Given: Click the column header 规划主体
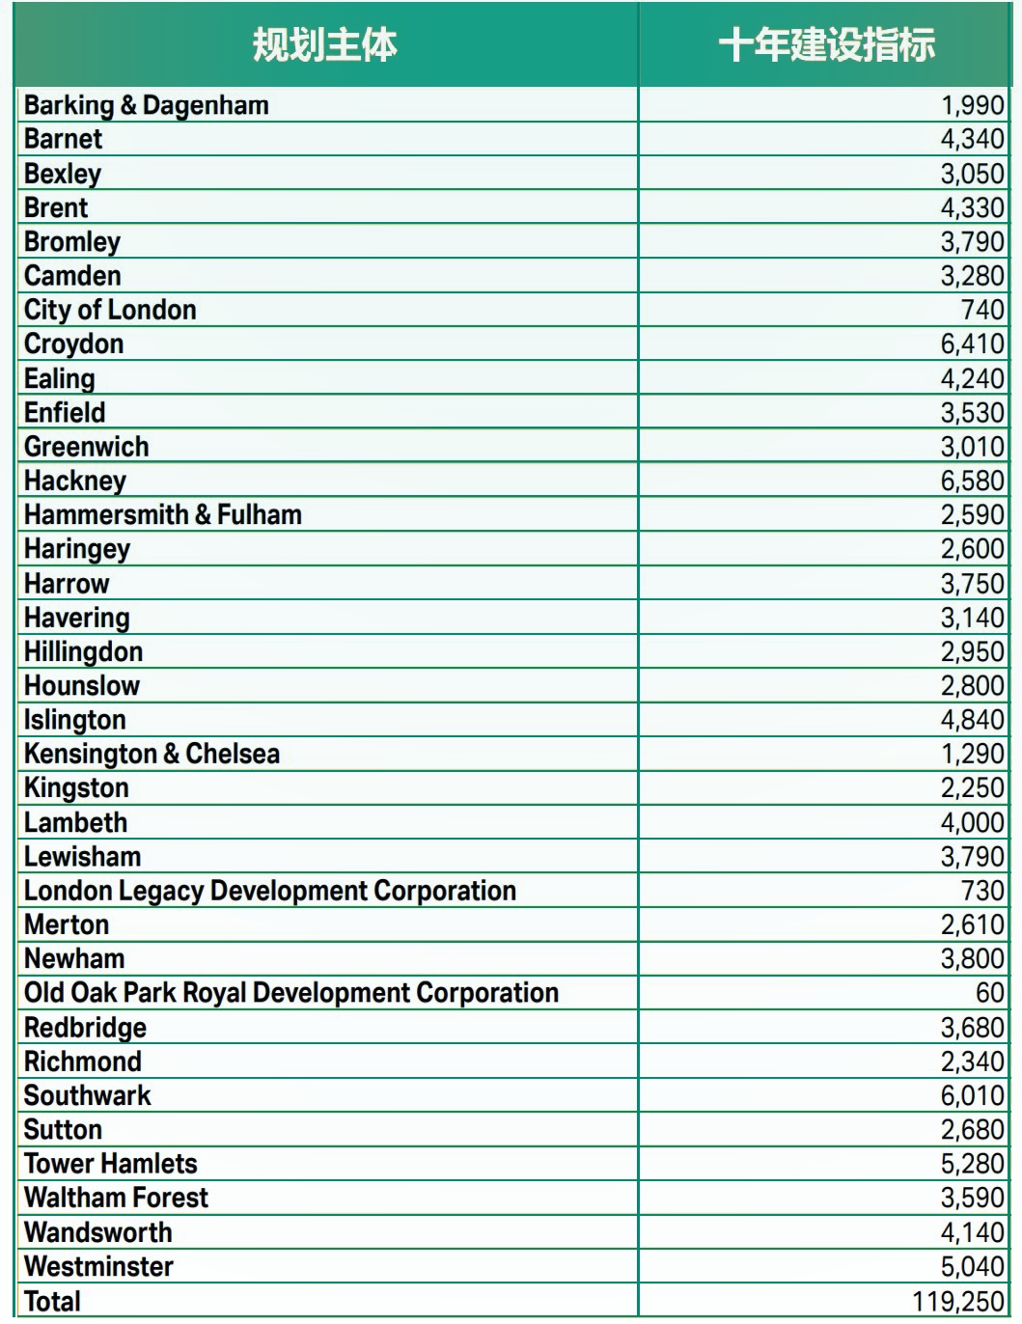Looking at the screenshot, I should click(x=324, y=45).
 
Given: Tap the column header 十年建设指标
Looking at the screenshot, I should click(x=826, y=45).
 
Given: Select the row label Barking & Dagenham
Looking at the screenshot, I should click(x=146, y=105).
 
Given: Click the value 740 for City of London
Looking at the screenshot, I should click(x=982, y=310).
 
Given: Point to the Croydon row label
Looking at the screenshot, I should click(x=73, y=344).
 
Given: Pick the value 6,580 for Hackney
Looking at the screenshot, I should click(x=972, y=481).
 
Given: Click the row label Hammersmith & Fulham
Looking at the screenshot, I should click(x=162, y=514).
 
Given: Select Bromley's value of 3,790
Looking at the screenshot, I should click(x=972, y=241).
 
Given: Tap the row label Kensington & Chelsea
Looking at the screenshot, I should click(x=152, y=754).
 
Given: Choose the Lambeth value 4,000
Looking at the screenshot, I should click(x=972, y=822).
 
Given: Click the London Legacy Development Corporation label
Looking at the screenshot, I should click(x=269, y=891).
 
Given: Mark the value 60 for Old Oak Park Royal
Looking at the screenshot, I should click(x=989, y=993).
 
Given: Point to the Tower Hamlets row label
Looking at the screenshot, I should click(x=110, y=1164).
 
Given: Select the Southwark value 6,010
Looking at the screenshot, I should click(x=972, y=1095).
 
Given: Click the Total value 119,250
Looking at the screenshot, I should click(x=958, y=1301).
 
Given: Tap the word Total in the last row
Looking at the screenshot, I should click(x=52, y=1301).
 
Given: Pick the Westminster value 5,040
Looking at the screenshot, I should click(x=972, y=1266).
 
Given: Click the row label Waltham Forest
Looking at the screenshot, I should click(x=116, y=1198).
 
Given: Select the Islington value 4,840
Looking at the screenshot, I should click(x=972, y=720).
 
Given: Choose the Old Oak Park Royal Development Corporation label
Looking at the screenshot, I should click(x=290, y=993).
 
